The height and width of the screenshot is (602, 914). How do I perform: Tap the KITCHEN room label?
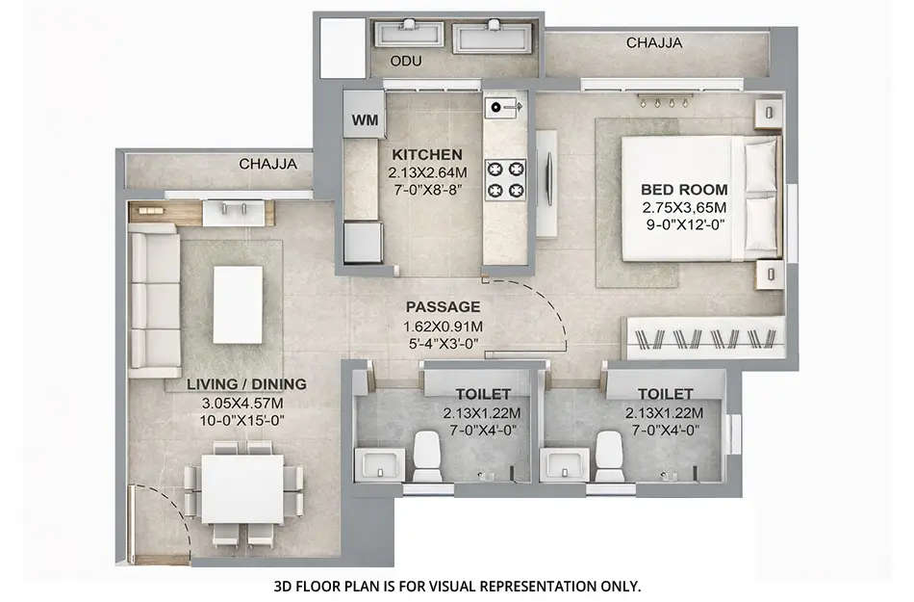click(427, 154)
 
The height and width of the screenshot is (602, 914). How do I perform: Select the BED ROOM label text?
click(685, 190)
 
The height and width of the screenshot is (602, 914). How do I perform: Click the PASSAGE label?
click(443, 307)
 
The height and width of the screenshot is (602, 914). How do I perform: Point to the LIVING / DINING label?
click(247, 384)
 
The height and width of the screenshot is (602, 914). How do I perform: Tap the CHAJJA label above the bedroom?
click(654, 43)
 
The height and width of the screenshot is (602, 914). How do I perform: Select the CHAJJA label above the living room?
click(268, 165)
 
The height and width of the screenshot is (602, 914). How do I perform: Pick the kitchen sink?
click(500, 107)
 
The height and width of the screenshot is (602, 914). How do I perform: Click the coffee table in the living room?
click(237, 304)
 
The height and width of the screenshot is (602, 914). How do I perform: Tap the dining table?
click(242, 488)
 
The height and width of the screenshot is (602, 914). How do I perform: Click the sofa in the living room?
click(156, 304)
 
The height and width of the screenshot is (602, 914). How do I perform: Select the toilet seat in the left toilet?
click(427, 456)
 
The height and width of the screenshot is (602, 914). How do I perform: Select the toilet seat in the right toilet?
click(609, 456)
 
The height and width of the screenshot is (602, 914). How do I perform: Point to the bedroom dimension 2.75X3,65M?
click(685, 207)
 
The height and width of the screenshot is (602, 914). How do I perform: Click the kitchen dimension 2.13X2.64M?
click(427, 172)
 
